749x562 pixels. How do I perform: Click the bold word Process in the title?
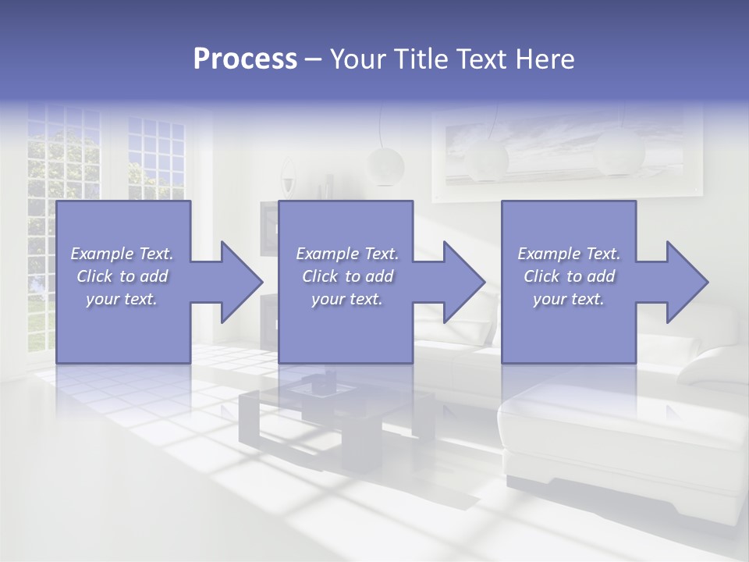point(245,59)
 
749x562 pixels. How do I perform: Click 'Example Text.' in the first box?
point(122,254)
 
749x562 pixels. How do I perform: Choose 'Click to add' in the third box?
point(569,276)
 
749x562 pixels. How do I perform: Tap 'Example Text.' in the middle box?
point(347,254)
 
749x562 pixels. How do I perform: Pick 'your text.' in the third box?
point(569,299)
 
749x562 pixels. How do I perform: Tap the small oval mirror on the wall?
point(288,175)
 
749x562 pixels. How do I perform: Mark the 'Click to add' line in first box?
point(122,276)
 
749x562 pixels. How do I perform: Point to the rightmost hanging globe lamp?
point(619,153)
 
